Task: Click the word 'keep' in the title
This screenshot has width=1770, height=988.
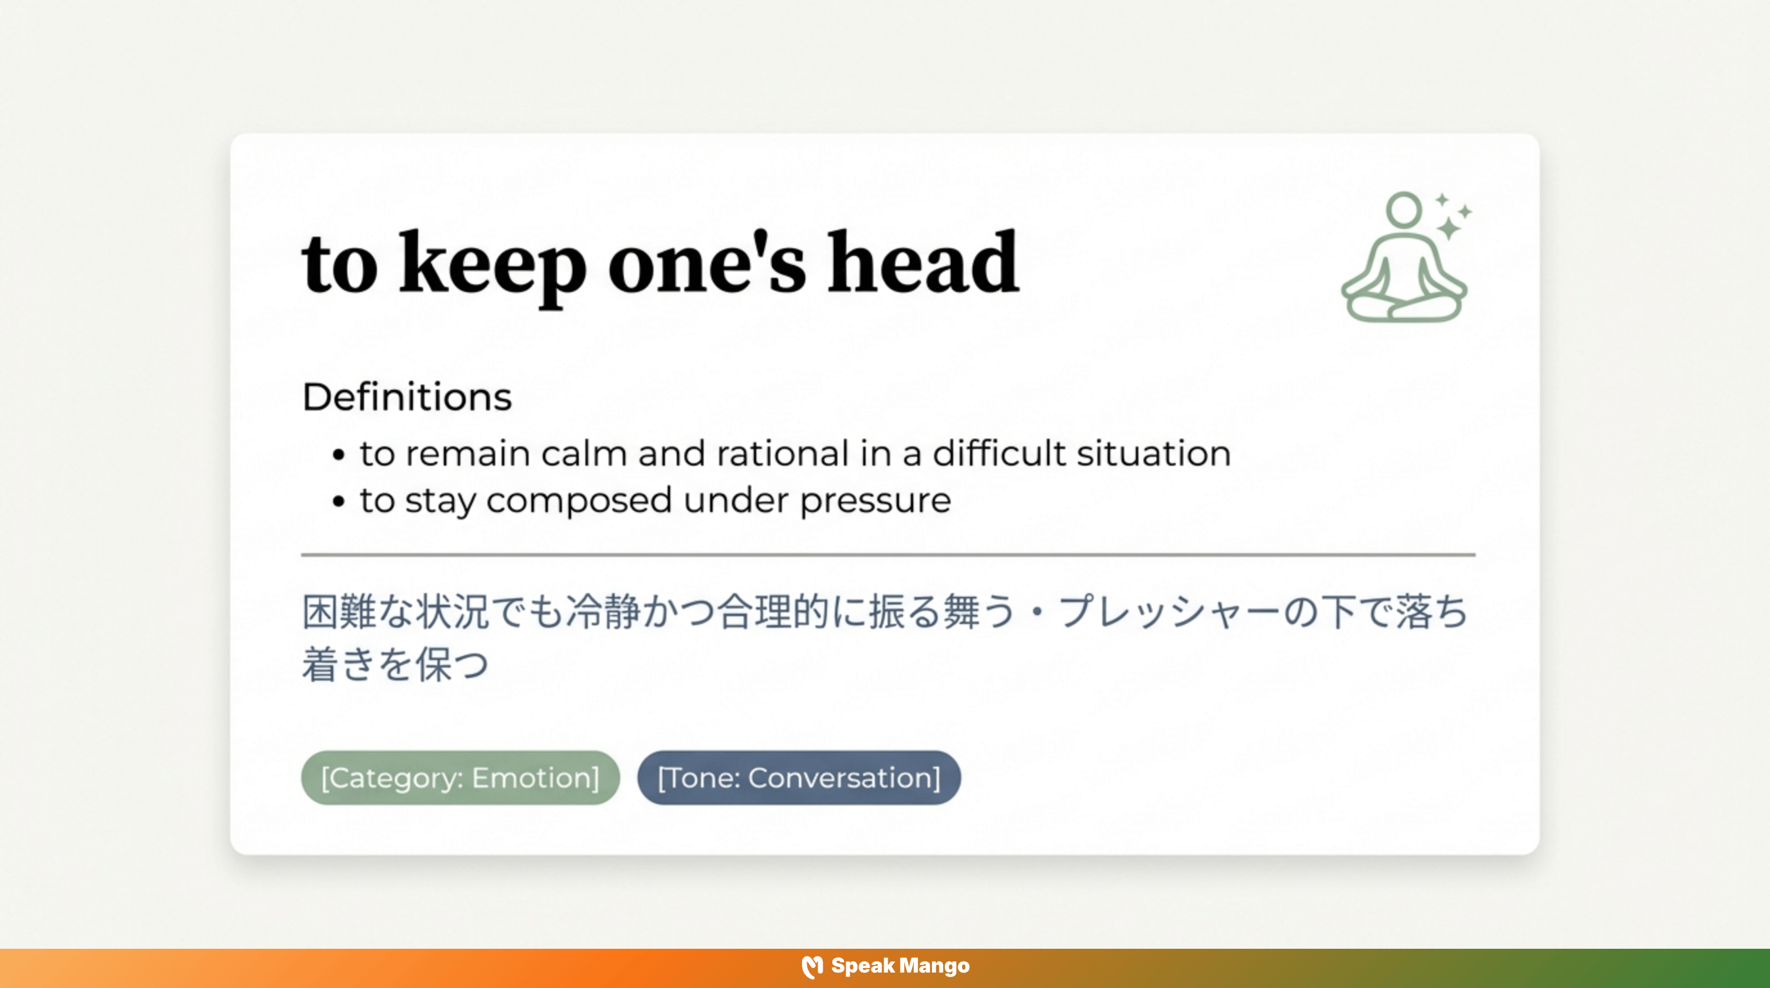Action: click(x=492, y=264)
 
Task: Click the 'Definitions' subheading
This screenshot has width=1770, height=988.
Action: click(x=406, y=397)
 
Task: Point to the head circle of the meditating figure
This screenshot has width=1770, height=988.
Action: click(x=1403, y=209)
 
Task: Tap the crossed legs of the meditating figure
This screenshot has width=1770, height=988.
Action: click(x=1405, y=306)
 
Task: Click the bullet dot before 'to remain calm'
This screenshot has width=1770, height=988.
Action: click(x=338, y=455)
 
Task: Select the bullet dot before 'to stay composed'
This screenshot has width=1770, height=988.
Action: click(x=338, y=501)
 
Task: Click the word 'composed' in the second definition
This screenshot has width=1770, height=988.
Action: click(x=579, y=500)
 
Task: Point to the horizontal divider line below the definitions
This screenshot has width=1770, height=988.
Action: click(x=888, y=554)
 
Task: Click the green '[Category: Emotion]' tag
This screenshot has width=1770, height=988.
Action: click(x=461, y=778)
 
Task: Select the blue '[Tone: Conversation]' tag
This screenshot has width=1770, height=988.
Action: click(x=798, y=778)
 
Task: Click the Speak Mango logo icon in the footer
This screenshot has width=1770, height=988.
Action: click(x=812, y=967)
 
